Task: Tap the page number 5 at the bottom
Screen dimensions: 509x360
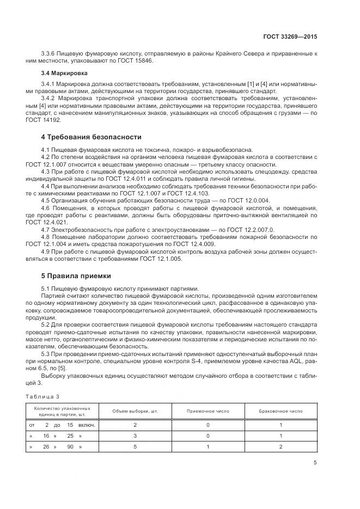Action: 315,463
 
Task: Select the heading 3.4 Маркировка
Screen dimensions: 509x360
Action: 64,72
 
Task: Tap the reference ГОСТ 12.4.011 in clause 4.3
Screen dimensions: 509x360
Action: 132,179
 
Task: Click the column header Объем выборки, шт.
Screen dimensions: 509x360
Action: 135,411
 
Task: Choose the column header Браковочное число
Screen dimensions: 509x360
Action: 281,411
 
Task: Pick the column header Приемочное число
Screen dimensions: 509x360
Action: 208,411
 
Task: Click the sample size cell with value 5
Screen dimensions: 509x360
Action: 135,447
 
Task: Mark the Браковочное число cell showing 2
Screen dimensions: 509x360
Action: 281,447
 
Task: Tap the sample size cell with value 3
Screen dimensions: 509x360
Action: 135,436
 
